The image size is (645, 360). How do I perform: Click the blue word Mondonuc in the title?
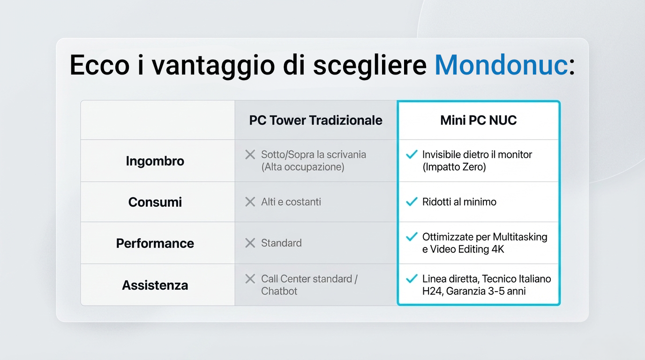[501, 65]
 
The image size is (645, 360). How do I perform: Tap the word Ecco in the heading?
[100, 65]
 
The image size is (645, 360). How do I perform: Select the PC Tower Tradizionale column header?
[315, 120]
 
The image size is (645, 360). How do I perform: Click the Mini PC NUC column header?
[479, 120]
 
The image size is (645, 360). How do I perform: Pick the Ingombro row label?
[155, 161]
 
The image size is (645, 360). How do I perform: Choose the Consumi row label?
[155, 202]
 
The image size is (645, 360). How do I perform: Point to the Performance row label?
[155, 243]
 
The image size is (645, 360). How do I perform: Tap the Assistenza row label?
[155, 285]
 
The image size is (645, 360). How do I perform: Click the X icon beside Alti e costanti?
[250, 202]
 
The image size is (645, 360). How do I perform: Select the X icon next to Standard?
[250, 243]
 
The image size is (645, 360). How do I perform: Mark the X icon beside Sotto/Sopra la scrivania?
[250, 155]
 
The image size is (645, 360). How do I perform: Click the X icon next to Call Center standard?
[250, 279]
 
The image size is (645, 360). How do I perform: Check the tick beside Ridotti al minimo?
[412, 202]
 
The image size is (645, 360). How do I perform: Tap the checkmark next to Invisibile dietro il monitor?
[412, 154]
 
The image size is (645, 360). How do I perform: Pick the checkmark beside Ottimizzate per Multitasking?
[412, 236]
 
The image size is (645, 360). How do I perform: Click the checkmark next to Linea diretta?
[412, 278]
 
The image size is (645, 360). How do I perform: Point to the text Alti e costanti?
[291, 202]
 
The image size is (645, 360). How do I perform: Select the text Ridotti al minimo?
[459, 202]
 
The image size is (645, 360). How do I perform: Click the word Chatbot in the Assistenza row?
[279, 291]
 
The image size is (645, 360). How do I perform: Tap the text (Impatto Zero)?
[454, 167]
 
